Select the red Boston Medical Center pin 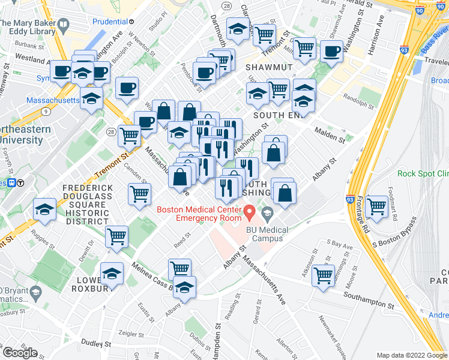249,211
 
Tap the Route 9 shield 46,111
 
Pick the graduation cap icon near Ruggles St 45,209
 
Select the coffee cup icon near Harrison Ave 331,50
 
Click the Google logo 20,353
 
